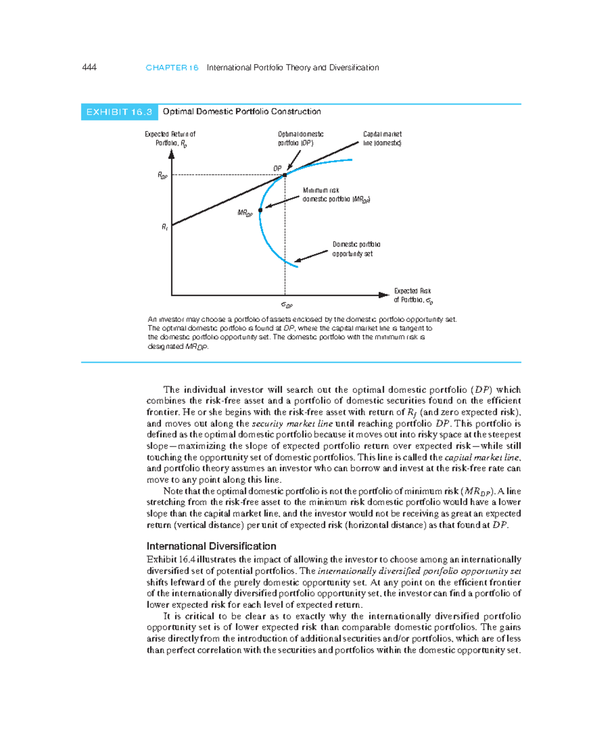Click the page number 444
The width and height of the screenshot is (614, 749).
pos(89,68)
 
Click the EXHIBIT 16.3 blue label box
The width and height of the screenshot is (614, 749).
pos(119,112)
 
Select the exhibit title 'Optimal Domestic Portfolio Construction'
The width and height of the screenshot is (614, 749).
pos(242,112)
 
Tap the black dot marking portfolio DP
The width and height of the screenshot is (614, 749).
pos(285,175)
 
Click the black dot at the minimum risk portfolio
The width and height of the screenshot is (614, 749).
pos(260,210)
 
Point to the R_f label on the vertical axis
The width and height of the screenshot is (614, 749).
pos(165,227)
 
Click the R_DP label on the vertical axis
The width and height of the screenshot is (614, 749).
pos(162,175)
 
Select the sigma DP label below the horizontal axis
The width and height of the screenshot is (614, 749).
pos(287,305)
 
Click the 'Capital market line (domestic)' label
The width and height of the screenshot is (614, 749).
pos(382,139)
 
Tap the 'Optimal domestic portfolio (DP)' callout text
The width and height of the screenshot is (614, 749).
pos(300,139)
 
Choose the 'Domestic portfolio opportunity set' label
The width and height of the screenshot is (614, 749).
pos(356,249)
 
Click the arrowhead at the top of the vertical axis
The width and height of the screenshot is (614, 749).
pos(171,153)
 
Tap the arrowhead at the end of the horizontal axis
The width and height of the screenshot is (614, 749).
pos(384,295)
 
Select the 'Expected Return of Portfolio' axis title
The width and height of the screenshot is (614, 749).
pos(170,139)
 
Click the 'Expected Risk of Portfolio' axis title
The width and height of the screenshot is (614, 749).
pos(413,295)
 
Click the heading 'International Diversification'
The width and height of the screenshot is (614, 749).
pos(211,546)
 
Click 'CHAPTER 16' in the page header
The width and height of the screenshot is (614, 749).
pos(172,68)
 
